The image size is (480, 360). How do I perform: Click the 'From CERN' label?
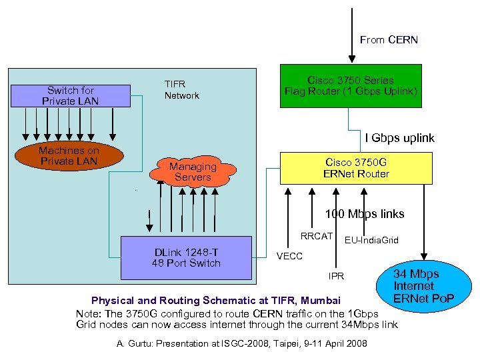389,40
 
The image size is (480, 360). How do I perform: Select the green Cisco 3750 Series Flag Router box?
351,85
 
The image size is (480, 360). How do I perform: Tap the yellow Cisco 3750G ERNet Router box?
356,168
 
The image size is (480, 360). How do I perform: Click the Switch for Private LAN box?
70,95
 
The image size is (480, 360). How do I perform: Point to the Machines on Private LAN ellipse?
68,156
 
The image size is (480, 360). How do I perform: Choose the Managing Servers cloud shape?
193,171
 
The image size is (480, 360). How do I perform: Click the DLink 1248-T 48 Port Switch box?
186,257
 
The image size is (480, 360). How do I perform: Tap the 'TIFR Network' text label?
181,90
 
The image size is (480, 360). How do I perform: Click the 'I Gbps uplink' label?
399,138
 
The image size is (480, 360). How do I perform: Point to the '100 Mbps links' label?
364,214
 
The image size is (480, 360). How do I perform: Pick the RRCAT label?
316,236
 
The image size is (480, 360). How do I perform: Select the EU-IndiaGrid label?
371,240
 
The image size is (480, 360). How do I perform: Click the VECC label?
289,256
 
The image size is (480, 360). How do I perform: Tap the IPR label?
336,275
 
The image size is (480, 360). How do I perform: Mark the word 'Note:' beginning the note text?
89,313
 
